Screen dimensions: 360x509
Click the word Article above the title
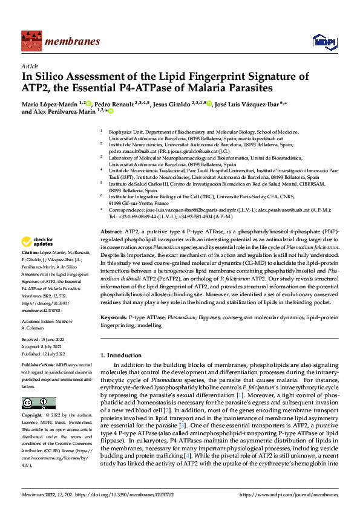point(30,65)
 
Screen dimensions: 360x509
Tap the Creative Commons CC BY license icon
point(38,403)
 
